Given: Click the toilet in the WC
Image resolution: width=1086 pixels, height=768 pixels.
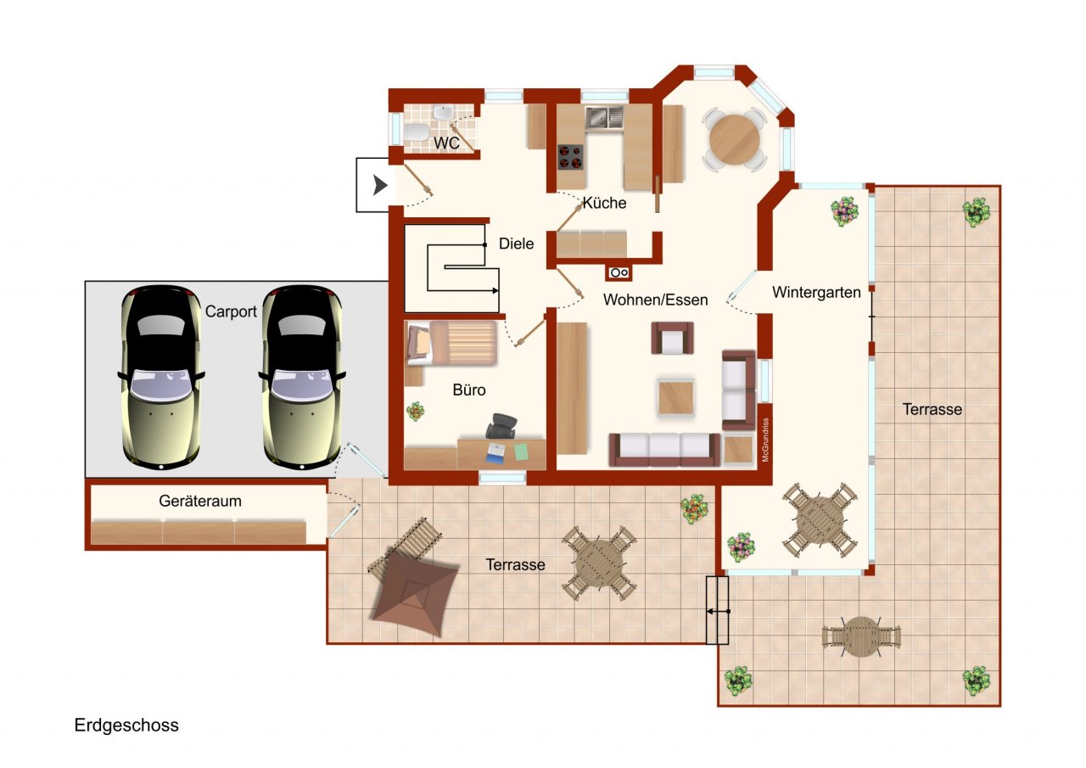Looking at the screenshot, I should coord(416,133).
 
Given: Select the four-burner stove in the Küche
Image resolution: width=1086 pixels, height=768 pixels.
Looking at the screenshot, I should coord(570,156).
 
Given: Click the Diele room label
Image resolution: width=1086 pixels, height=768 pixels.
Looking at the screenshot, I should coord(516,244).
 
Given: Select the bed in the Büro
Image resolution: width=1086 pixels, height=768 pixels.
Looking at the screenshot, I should coord(451,342).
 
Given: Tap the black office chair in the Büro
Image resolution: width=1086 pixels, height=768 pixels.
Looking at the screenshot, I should coord(501,426).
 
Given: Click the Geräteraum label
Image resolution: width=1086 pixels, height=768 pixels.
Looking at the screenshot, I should coord(200,502).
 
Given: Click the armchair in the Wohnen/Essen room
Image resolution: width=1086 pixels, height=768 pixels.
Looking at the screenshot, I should coord(673,338).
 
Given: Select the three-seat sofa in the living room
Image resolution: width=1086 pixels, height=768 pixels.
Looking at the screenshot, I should coord(664,449).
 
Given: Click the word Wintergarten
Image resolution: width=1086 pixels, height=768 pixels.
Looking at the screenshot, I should coord(816,293).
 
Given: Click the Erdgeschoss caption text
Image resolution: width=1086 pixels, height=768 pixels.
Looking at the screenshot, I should coord(126,726).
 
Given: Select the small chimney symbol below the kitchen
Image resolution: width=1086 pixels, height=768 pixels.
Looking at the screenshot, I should coord(619,272).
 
